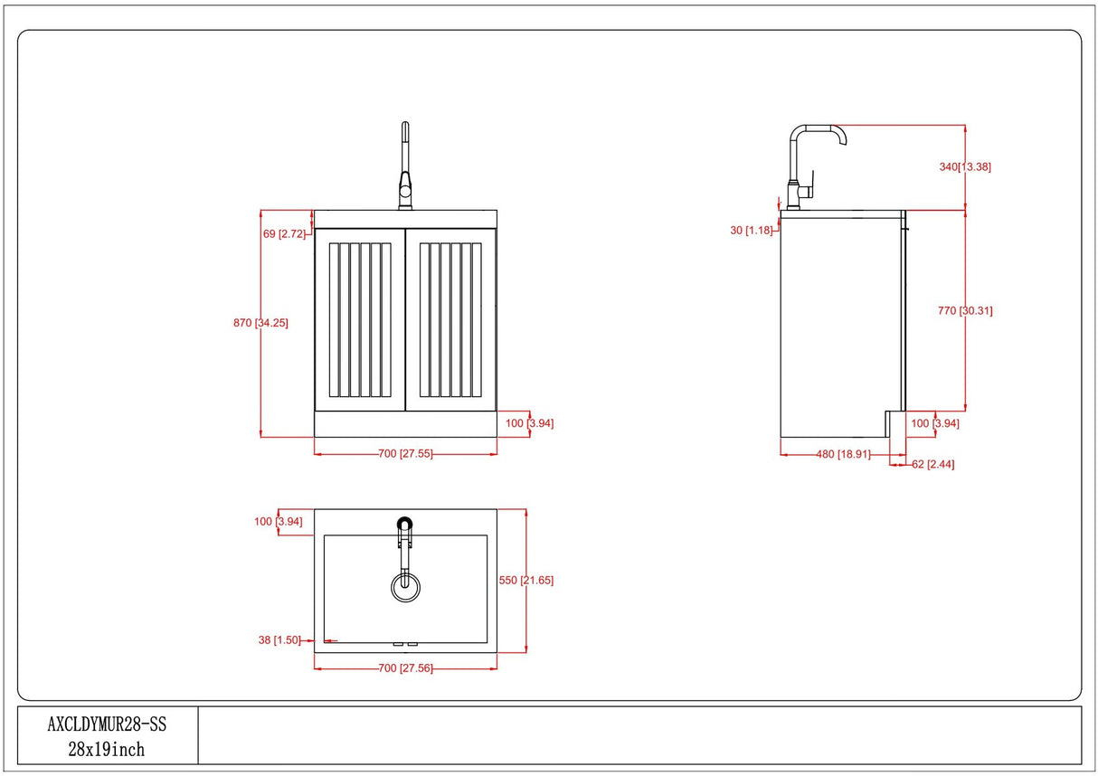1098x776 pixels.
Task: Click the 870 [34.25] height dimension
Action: click(x=260, y=323)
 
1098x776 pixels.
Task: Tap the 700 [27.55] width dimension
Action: click(x=405, y=454)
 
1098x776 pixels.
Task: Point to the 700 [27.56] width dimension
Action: click(x=405, y=668)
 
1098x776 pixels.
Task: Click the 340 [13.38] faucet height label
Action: click(x=966, y=166)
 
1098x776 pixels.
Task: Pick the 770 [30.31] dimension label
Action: click(x=965, y=310)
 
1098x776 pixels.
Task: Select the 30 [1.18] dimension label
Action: click(x=751, y=231)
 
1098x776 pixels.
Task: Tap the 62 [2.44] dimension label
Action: click(x=933, y=465)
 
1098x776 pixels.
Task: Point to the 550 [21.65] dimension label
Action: click(x=525, y=580)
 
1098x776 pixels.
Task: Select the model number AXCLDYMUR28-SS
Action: click(x=107, y=724)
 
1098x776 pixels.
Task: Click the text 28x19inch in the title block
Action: click(x=107, y=750)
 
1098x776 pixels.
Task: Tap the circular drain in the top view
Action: click(x=405, y=586)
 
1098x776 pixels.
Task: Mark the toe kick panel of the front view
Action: click(x=405, y=423)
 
